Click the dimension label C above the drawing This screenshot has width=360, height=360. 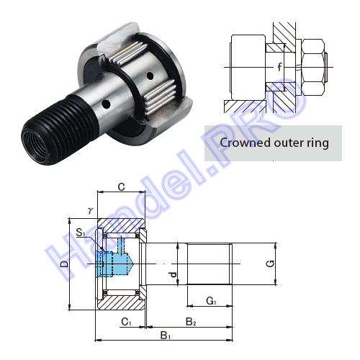122,186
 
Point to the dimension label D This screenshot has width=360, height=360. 64,264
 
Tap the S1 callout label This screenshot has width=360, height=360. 81,233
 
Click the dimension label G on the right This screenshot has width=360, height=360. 271,264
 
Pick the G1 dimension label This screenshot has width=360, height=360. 211,300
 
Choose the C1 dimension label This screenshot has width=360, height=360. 126,322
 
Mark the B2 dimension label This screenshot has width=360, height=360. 191,322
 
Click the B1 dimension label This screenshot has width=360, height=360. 166,336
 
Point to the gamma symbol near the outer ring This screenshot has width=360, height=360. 90,210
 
